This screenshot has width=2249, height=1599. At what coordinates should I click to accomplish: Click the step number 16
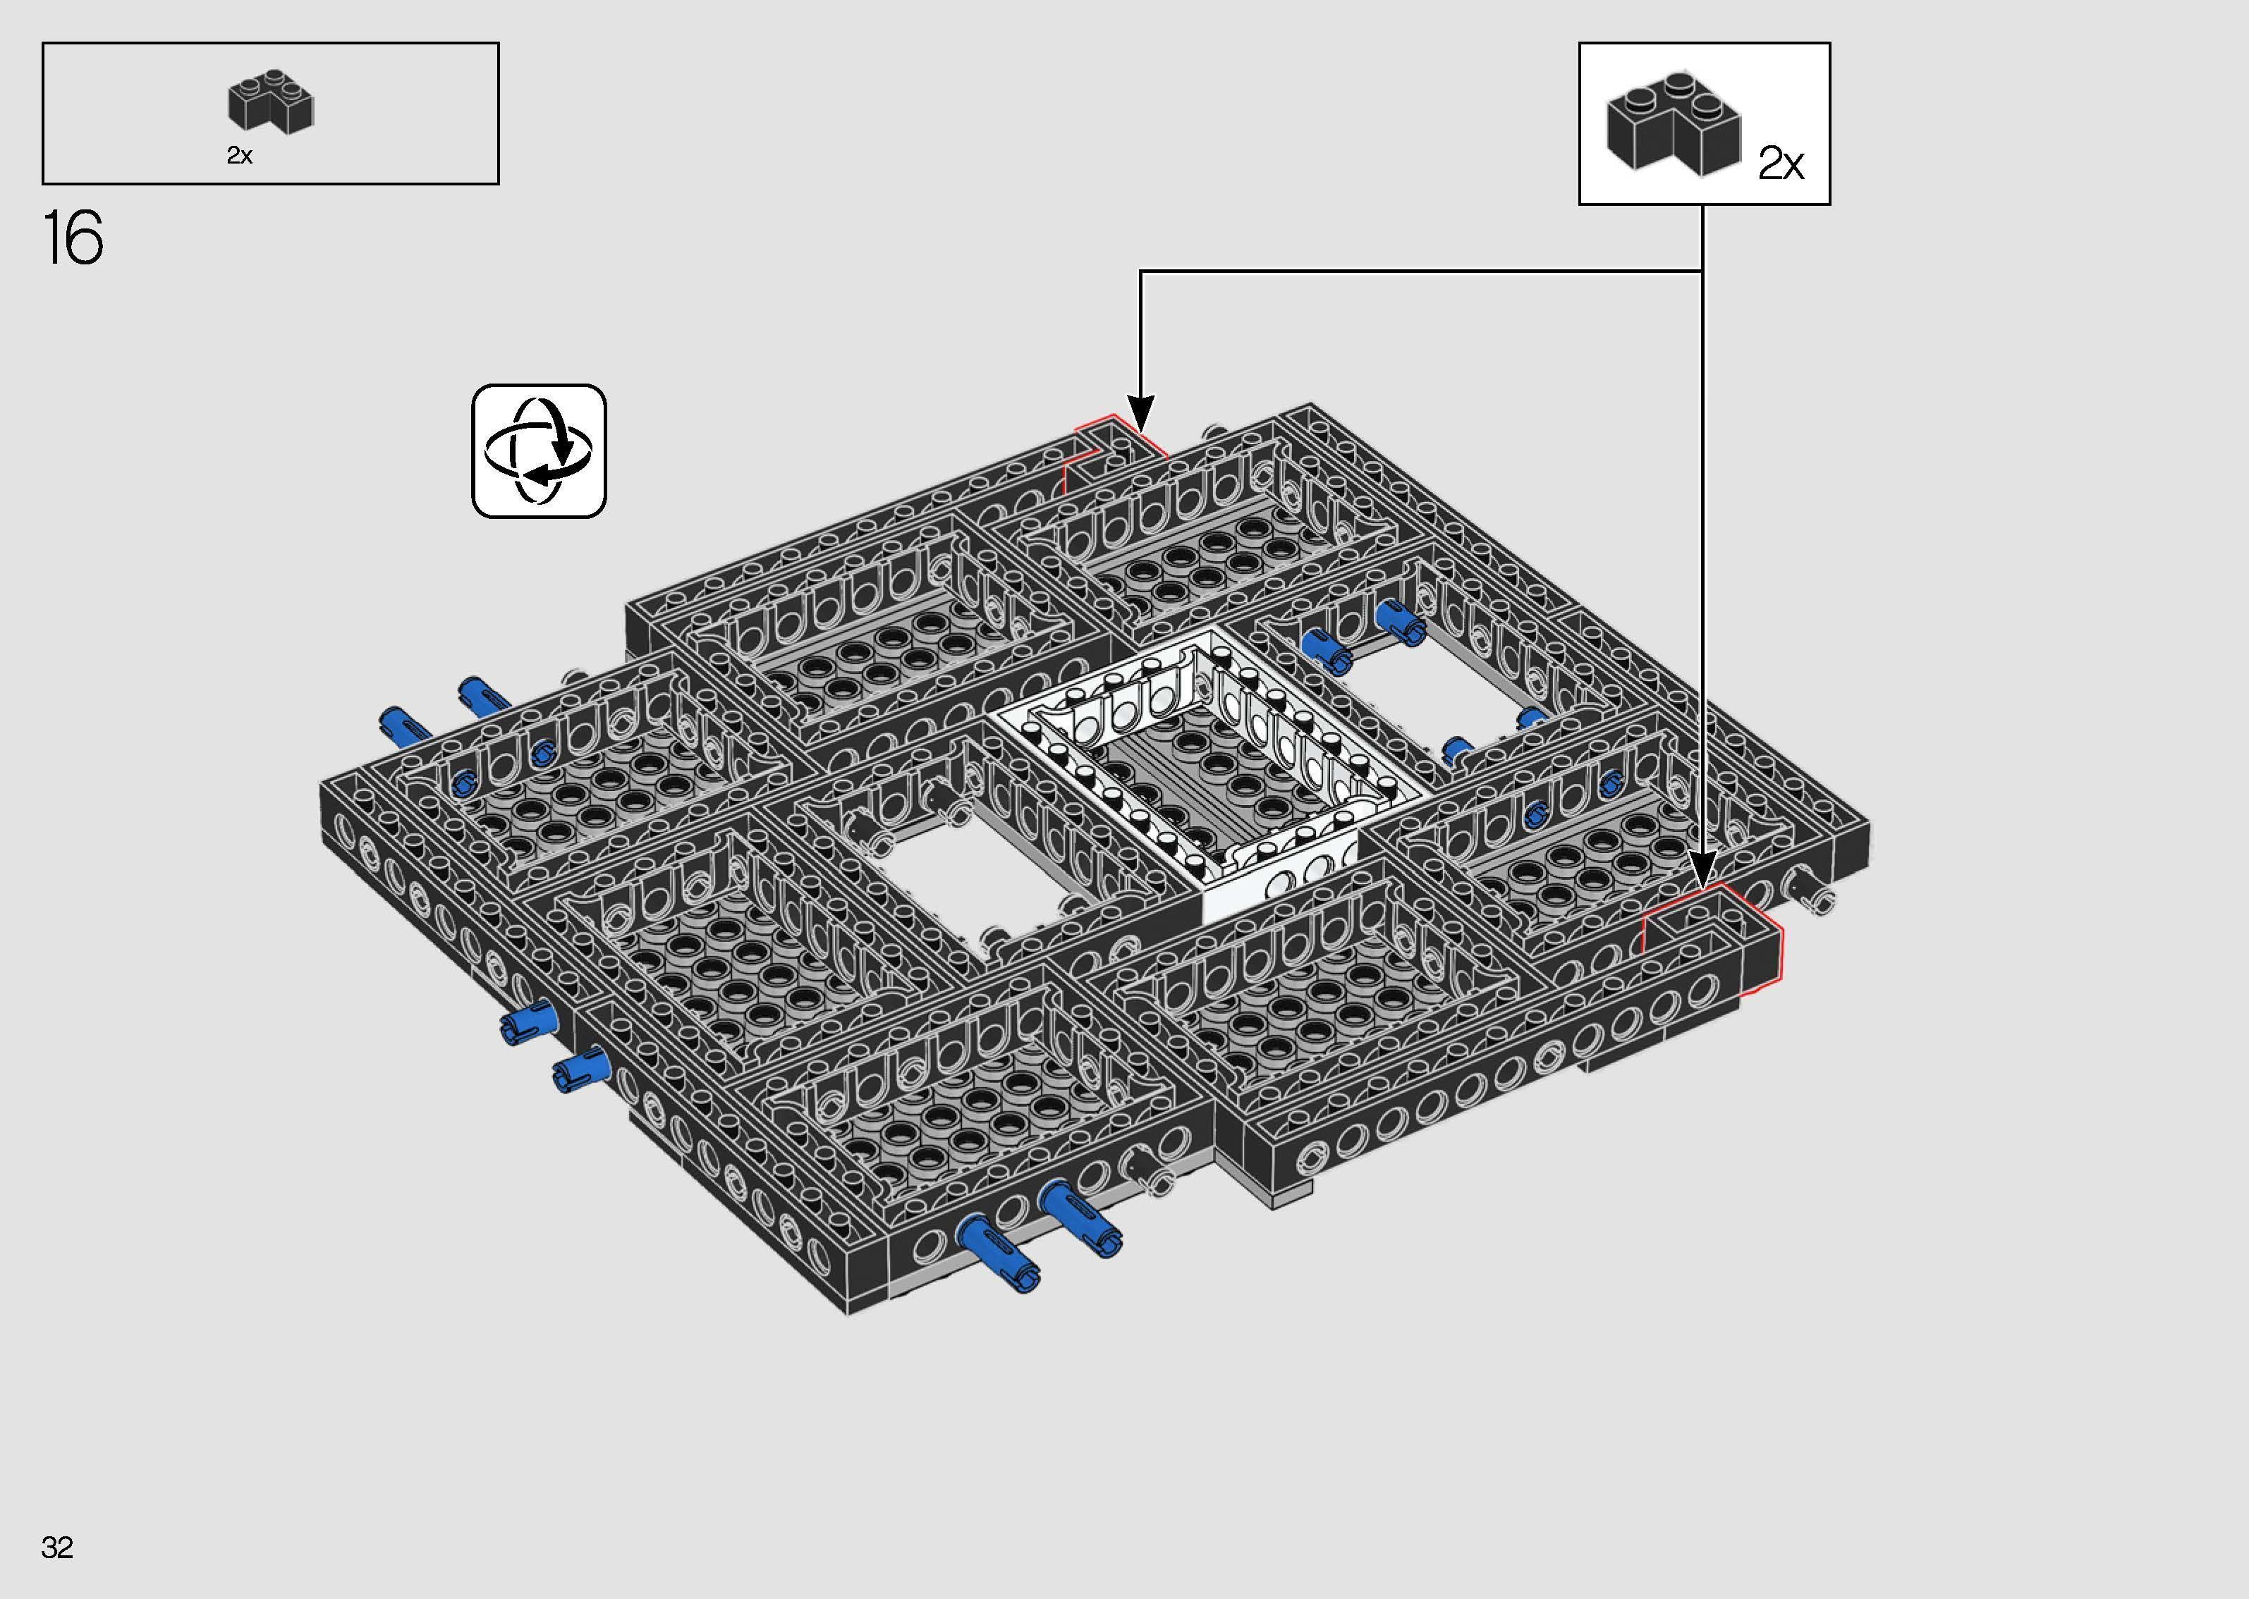point(73,238)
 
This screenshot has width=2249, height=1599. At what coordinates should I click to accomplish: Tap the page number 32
point(57,1548)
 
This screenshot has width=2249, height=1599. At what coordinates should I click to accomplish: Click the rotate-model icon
point(539,451)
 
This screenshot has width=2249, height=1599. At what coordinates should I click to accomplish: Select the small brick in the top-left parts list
point(270,102)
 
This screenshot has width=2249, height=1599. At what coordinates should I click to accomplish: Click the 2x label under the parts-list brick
point(239,156)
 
